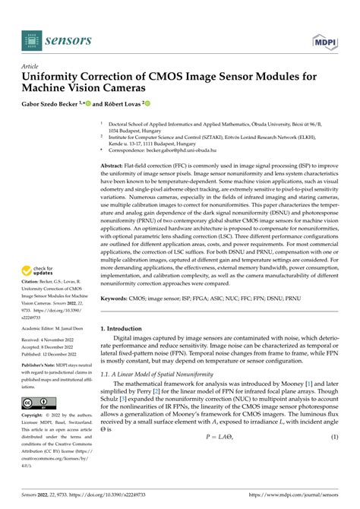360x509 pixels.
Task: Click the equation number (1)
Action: pos(333,459)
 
